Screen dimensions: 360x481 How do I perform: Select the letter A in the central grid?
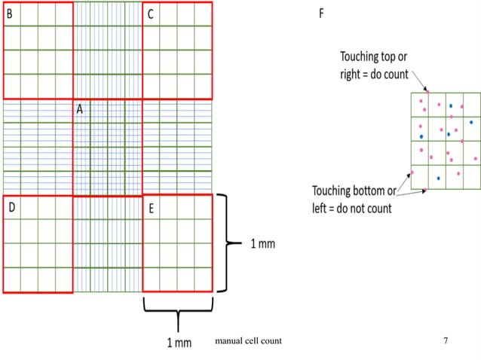79,110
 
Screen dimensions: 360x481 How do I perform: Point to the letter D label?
10,207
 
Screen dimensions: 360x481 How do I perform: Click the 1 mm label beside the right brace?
262,243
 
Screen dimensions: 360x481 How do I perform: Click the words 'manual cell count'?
248,342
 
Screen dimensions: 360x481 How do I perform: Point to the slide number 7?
446,342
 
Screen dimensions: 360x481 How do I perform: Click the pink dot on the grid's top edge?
427,93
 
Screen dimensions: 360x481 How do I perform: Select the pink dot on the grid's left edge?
412,172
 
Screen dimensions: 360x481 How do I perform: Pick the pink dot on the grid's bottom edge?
427,188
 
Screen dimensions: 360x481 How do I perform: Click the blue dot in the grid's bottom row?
438,178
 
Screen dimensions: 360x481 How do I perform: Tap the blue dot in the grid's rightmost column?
471,121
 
